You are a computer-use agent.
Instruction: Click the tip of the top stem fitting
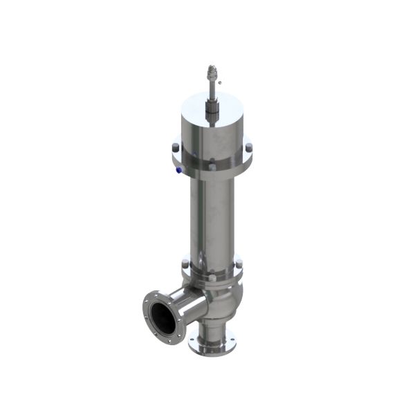click(212, 68)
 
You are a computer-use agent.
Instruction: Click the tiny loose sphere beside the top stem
click(219, 81)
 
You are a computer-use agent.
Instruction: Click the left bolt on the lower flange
click(185, 262)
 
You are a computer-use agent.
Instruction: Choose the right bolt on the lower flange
click(239, 263)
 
